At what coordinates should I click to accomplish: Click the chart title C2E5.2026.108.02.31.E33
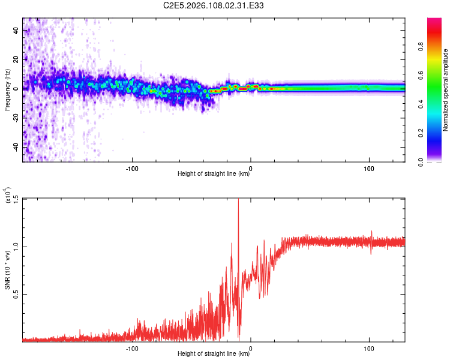pyautogui.click(x=214, y=5)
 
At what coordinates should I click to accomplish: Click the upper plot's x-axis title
pyautogui.click(x=214, y=174)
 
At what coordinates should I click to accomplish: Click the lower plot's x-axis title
pyautogui.click(x=214, y=354)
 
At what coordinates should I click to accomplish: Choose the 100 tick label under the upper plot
pyautogui.click(x=368, y=168)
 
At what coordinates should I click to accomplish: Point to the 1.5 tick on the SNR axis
pyautogui.click(x=16, y=199)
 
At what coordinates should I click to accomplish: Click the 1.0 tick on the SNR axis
pyautogui.click(x=16, y=246)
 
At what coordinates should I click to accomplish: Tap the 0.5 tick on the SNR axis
pyautogui.click(x=16, y=293)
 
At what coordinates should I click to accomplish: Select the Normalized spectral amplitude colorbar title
pyautogui.click(x=445, y=90)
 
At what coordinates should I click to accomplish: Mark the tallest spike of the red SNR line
pyautogui.click(x=239, y=201)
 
